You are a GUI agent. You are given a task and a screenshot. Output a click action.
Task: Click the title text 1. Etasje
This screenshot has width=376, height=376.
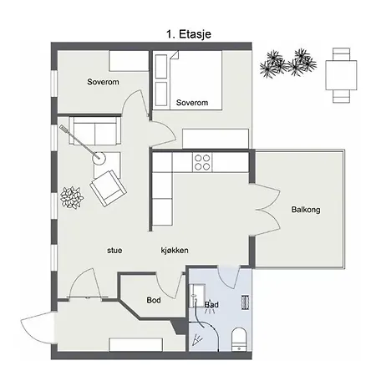point(189,34)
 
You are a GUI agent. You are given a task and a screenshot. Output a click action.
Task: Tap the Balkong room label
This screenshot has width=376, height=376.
point(306,210)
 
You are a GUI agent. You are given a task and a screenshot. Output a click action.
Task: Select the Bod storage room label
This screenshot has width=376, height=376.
point(154,300)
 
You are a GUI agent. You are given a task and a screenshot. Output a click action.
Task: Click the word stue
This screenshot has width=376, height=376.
point(114,250)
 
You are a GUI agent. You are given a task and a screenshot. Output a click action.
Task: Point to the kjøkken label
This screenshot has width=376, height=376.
point(175,250)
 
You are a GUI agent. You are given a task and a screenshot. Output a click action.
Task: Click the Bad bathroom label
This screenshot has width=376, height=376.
point(211,304)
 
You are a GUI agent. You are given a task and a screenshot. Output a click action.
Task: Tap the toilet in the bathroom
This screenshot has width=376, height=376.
point(239,339)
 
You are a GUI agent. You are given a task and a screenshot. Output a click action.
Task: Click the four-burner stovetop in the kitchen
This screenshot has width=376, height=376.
point(202,162)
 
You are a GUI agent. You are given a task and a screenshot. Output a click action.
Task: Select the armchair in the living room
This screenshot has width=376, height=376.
point(109,188)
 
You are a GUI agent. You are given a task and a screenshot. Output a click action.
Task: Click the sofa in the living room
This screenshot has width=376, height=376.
point(95,131)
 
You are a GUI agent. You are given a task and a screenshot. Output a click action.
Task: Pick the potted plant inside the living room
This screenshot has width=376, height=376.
point(72,197)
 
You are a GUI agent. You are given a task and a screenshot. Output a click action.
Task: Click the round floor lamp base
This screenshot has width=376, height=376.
point(99,159)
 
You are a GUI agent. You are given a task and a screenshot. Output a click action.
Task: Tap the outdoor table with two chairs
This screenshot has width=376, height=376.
point(341,75)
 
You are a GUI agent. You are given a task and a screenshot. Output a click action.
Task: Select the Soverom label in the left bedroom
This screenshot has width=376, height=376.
point(103,82)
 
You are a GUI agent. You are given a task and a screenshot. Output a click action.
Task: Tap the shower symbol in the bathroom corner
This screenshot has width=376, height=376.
point(198,339)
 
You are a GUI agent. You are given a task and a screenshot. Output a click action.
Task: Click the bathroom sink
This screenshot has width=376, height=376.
point(197,296)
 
